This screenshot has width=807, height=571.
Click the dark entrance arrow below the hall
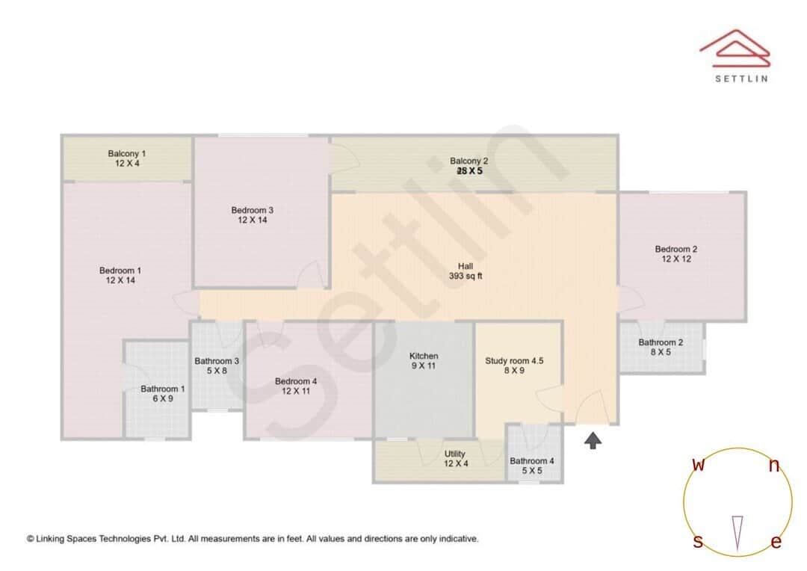click(x=593, y=441)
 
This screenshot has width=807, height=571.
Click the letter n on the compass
click(x=774, y=466)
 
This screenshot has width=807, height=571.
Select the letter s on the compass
click(x=698, y=542)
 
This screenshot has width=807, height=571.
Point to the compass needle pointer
click(x=738, y=533)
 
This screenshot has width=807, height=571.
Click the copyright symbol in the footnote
click(x=31, y=538)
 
